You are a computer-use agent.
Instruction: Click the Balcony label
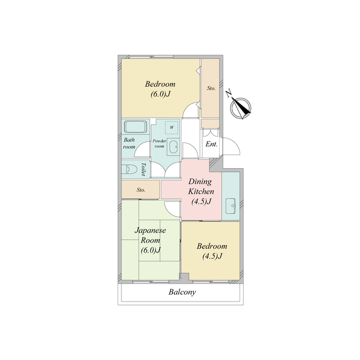pyautogui.click(x=182, y=292)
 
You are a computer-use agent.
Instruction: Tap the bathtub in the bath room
pyautogui.click(x=136, y=127)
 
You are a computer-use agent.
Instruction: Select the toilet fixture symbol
pyautogui.click(x=129, y=169)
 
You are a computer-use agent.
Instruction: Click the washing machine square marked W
pyautogui.click(x=172, y=127)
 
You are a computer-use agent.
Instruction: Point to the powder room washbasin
pyautogui.click(x=173, y=147)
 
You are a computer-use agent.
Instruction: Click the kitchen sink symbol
pyautogui.click(x=231, y=206)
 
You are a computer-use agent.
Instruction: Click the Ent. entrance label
pyautogui.click(x=211, y=144)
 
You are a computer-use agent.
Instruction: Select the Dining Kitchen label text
pyautogui.click(x=201, y=191)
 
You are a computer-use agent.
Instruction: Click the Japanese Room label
pyautogui.click(x=150, y=240)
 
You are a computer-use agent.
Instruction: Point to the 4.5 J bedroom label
pyautogui.click(x=212, y=251)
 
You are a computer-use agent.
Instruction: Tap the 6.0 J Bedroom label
pyautogui.click(x=160, y=89)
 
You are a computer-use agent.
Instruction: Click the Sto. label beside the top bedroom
pyautogui.click(x=211, y=88)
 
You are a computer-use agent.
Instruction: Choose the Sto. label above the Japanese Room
pyautogui.click(x=141, y=190)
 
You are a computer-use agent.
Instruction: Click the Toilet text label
pyautogui.click(x=143, y=169)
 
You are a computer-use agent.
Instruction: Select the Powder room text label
pyautogui.click(x=159, y=143)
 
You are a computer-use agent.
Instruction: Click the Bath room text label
pyautogui.click(x=129, y=143)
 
